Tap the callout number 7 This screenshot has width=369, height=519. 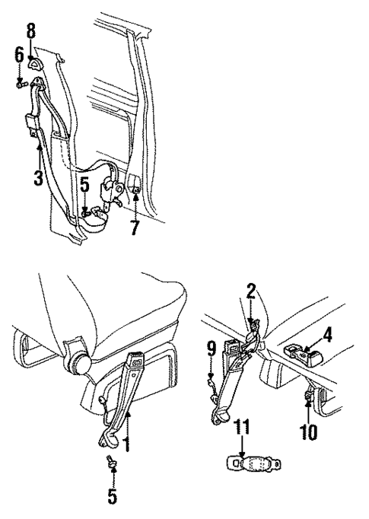click(135, 225)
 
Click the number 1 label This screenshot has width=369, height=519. click(127, 442)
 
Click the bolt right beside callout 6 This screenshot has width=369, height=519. click(21, 84)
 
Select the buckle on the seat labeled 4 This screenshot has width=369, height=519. click(300, 353)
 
